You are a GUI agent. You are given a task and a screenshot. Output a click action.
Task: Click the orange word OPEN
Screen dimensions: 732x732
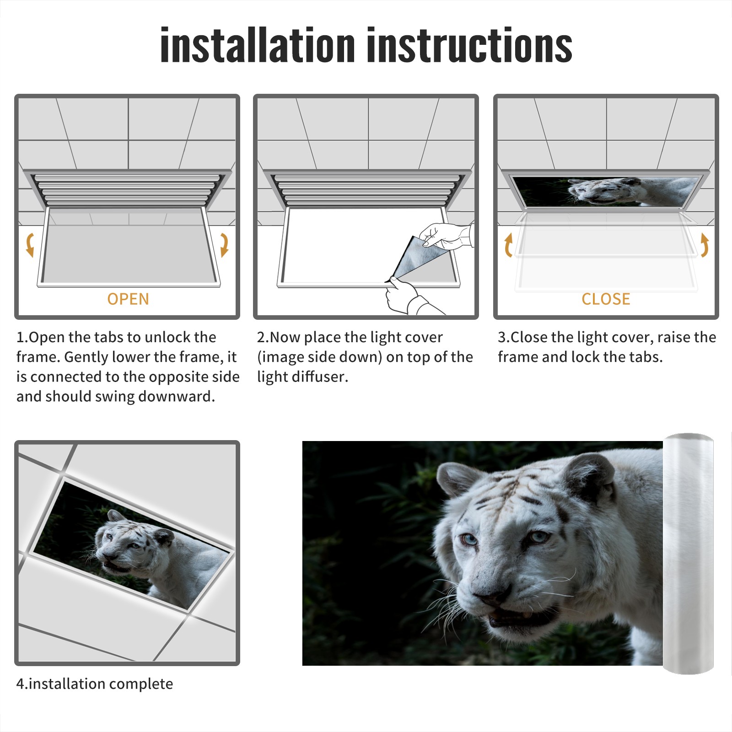tap(128, 299)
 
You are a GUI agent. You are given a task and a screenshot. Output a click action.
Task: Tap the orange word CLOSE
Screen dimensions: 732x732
tap(606, 299)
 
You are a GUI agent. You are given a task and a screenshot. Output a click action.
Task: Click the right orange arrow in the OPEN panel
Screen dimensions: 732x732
tap(225, 245)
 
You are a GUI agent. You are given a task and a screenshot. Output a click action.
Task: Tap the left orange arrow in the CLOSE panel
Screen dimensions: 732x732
tap(508, 245)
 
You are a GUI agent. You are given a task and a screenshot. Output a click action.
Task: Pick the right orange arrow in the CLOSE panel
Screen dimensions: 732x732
tap(705, 245)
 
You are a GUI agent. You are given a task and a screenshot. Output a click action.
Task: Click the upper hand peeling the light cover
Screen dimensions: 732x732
tap(446, 236)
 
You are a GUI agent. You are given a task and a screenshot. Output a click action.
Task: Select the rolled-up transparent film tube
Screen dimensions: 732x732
tap(689, 554)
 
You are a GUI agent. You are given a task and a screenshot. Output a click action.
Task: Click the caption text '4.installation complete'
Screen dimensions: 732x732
tap(95, 684)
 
